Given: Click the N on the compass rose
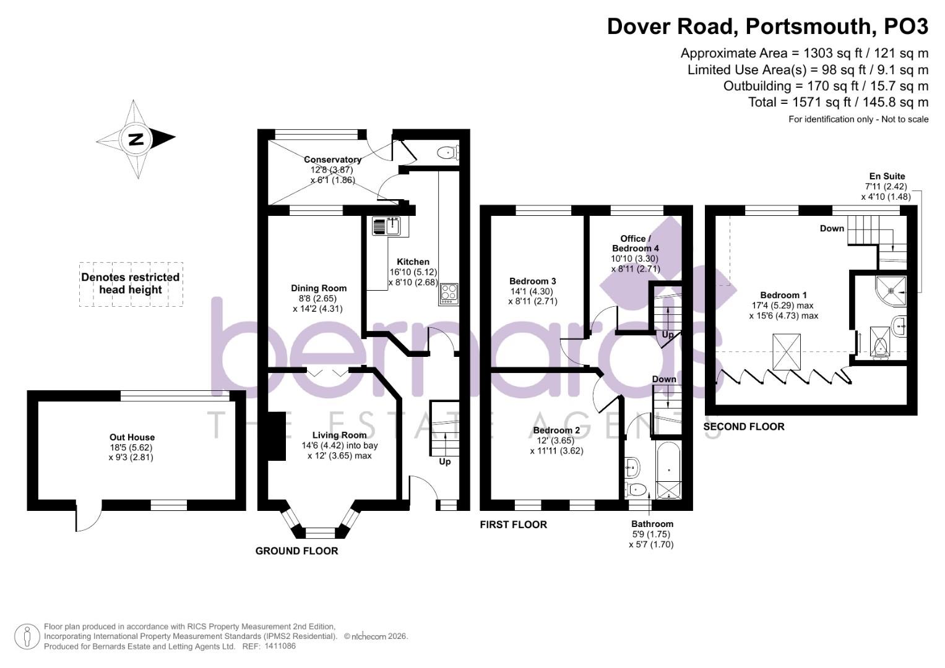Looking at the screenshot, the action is click(x=136, y=139).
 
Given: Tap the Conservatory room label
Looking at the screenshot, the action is click(x=332, y=160).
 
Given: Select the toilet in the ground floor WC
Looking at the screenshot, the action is click(x=448, y=152).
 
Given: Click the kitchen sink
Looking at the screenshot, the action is click(x=386, y=226).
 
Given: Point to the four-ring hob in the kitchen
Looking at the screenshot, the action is click(x=449, y=294).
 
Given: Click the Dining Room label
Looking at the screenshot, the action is click(x=319, y=288).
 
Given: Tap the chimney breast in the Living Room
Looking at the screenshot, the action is click(x=277, y=435).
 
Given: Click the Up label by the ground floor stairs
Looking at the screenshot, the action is click(x=445, y=462).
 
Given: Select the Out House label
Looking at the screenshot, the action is click(x=132, y=437).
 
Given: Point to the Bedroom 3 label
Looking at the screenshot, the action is click(x=532, y=281).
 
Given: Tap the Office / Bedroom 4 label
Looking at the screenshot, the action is click(x=635, y=243).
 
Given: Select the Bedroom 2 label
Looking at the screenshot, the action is click(x=556, y=430).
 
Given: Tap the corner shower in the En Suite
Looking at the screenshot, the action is click(x=891, y=291).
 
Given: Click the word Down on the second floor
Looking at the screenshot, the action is click(x=832, y=228).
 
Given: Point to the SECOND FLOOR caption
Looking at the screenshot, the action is click(x=744, y=427).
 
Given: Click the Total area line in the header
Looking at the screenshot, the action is click(x=839, y=102).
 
